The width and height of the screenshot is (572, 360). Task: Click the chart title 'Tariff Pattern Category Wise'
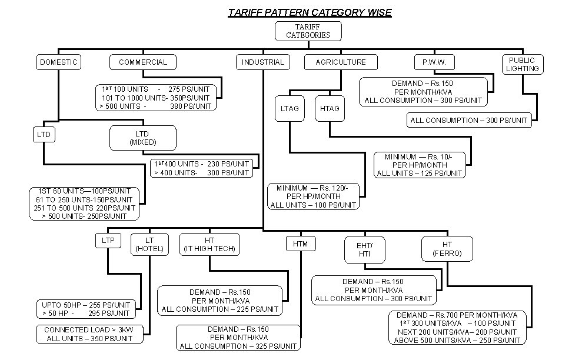310,12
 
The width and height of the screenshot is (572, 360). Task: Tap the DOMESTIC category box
58,62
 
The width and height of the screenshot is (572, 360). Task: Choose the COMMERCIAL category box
143,62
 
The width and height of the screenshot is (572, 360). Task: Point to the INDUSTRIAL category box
262,62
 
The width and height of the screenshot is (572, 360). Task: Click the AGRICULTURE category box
341,62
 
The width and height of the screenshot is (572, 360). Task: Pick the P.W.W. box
434,62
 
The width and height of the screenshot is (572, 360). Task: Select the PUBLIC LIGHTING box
523,64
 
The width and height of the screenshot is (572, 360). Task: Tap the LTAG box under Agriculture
290,108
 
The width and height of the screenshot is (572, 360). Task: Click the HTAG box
330,108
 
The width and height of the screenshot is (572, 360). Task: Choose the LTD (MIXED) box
142,138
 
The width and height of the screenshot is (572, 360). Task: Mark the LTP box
108,240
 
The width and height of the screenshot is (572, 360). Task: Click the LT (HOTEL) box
149,244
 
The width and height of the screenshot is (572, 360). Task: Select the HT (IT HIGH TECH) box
209,244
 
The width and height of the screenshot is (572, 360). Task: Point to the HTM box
300,243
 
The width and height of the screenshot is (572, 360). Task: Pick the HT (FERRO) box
447,249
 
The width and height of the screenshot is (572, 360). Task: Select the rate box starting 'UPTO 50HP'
85,309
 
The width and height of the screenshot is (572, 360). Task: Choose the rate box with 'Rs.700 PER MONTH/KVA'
457,328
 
